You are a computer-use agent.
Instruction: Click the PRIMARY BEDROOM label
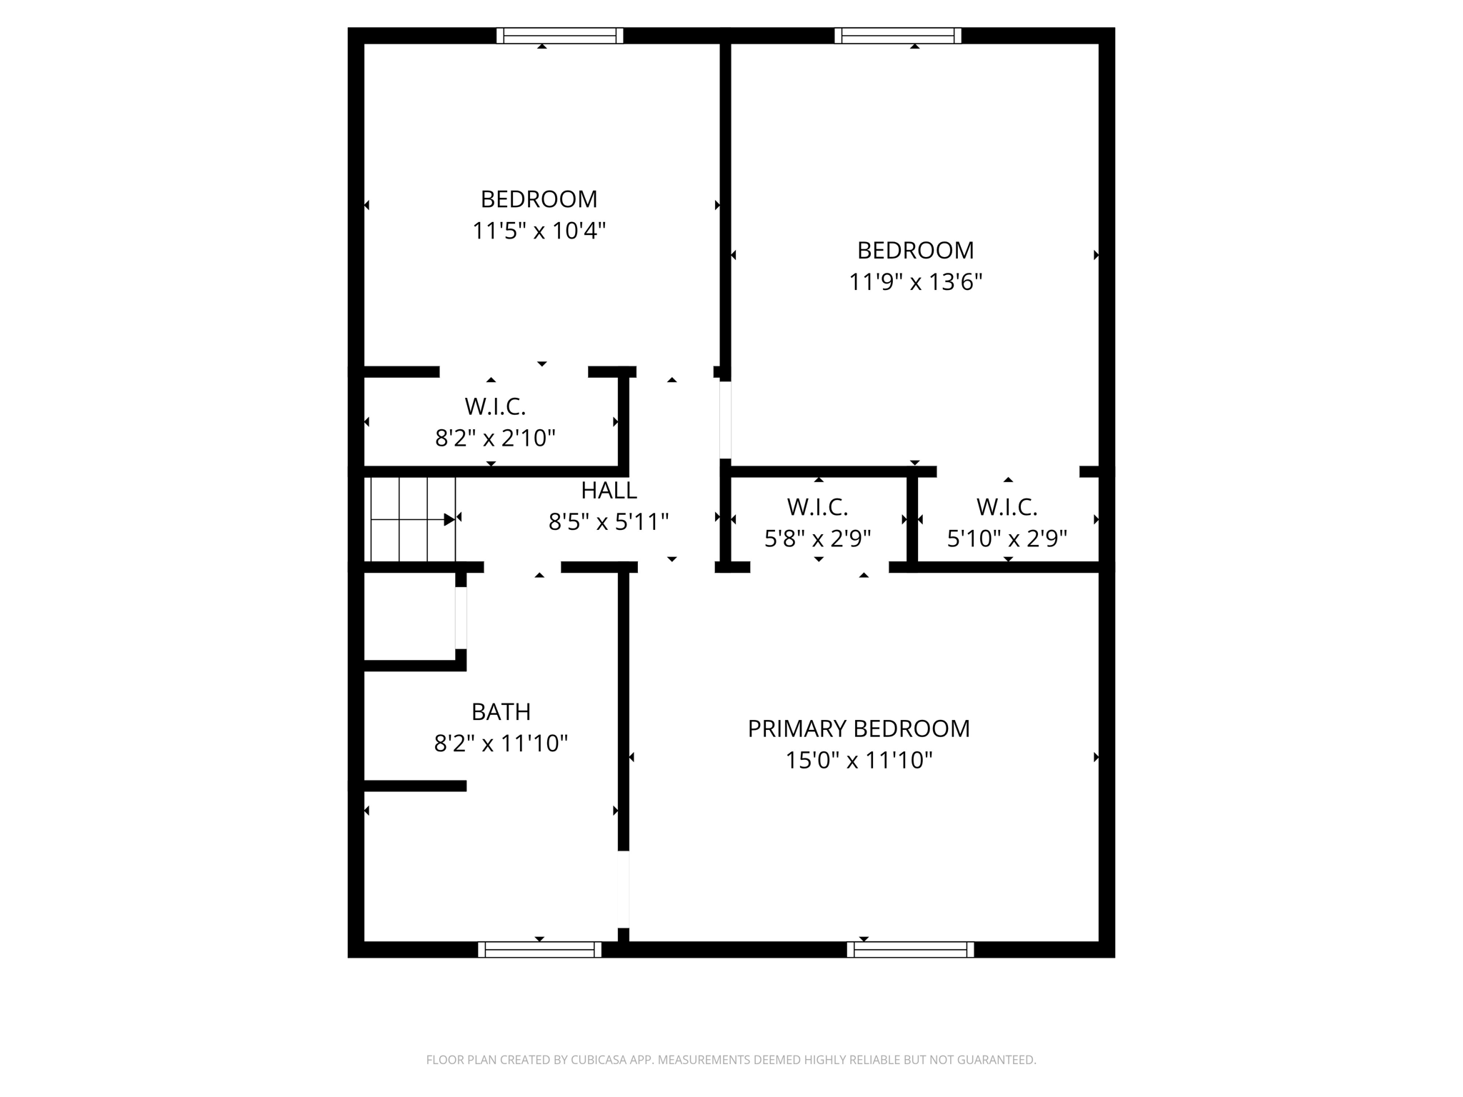pyautogui.click(x=859, y=728)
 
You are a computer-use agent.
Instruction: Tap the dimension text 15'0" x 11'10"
pyautogui.click(x=859, y=761)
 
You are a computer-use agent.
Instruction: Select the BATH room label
pyautogui.click(x=501, y=712)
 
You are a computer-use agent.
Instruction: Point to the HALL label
pyautogui.click(x=609, y=491)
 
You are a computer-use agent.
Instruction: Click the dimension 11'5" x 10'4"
pyautogui.click(x=539, y=231)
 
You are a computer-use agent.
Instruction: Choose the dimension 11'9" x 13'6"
pyautogui.click(x=915, y=283)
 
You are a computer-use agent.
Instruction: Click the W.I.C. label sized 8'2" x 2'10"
pyautogui.click(x=495, y=407)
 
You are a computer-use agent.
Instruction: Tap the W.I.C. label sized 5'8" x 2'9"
pyautogui.click(x=817, y=508)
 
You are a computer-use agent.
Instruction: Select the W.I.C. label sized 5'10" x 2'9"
pyautogui.click(x=1007, y=508)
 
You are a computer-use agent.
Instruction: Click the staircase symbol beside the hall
pyautogui.click(x=413, y=519)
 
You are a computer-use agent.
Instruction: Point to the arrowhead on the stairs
pyautogui.click(x=449, y=520)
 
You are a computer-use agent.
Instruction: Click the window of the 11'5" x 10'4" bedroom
pyautogui.click(x=559, y=36)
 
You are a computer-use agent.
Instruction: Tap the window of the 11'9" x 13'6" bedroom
pyautogui.click(x=897, y=36)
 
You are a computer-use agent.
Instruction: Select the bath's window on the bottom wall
pyautogui.click(x=539, y=949)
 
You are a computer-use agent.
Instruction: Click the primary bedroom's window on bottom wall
pyautogui.click(x=910, y=949)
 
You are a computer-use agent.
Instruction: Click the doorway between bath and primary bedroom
pyautogui.click(x=623, y=889)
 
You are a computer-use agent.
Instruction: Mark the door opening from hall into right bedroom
pyautogui.click(x=725, y=420)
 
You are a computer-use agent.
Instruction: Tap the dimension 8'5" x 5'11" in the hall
pyautogui.click(x=609, y=523)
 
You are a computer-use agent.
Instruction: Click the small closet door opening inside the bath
pyautogui.click(x=461, y=618)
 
